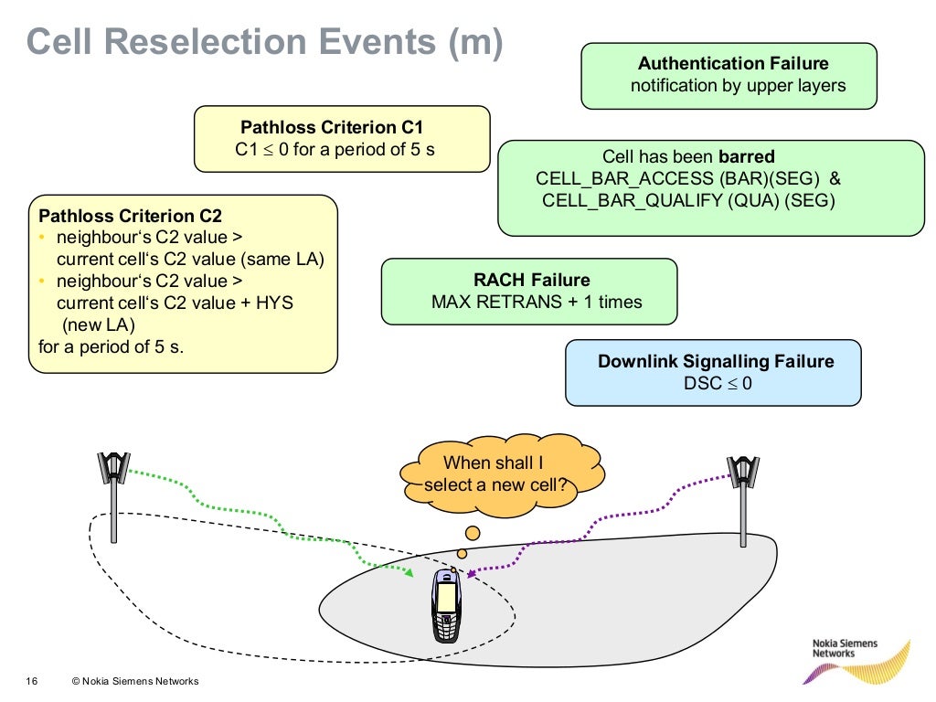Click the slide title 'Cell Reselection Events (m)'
[x=264, y=43]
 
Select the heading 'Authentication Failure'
[x=733, y=64]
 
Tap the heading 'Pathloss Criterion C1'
[x=332, y=128]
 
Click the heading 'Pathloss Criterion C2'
[x=130, y=217]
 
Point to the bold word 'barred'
[x=747, y=156]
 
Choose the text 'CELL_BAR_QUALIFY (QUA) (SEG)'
[x=688, y=201]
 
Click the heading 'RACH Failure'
[x=531, y=281]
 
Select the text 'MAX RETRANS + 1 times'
[x=537, y=302]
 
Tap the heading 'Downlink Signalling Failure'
[x=716, y=362]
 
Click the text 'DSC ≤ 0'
[x=718, y=384]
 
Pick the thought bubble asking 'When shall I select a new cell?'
[x=501, y=474]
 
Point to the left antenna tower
[x=114, y=494]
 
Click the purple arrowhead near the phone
[x=470, y=574]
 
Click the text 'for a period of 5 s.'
[x=112, y=346]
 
